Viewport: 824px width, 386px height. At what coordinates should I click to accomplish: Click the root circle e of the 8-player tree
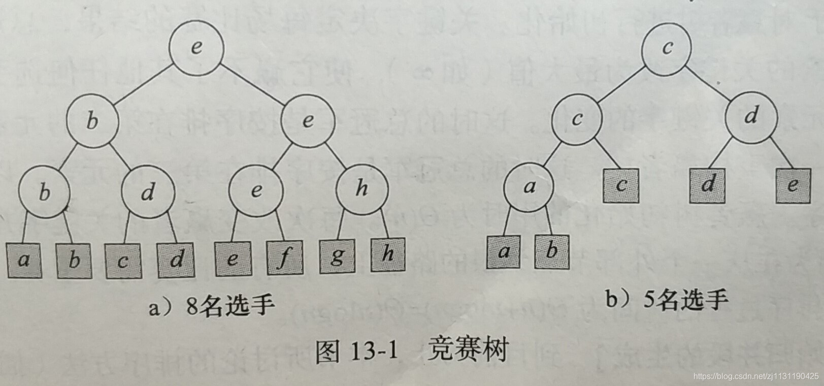pos(196,47)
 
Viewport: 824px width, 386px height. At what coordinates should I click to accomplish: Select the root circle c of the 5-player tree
pos(667,47)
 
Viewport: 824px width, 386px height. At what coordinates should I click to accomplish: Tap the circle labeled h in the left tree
pos(362,188)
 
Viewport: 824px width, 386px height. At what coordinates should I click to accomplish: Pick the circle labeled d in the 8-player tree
pos(148,192)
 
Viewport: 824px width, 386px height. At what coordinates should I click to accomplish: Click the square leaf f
pos(284,257)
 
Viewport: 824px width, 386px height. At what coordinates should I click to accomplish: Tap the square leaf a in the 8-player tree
pos(24,261)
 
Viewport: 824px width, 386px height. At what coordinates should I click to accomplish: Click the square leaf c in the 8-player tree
pos(123,261)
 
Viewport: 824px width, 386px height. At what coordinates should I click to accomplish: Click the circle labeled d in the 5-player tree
pos(751,116)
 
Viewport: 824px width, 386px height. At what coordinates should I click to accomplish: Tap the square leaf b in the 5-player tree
pos(552,251)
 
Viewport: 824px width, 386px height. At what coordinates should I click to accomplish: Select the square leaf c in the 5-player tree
pos(621,185)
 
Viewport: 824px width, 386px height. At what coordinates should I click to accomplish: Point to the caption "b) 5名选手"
pos(667,300)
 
